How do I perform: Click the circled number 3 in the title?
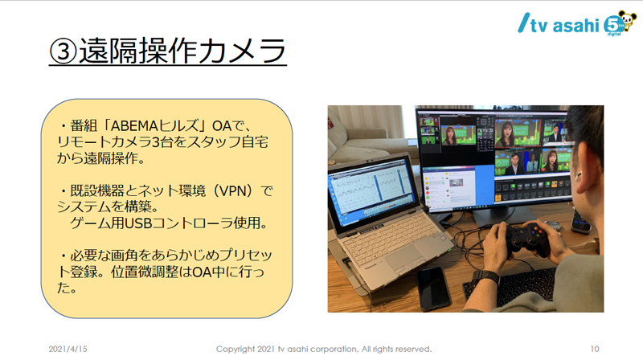(63, 51)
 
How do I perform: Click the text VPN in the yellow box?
(233, 190)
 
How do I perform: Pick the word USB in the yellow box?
(137, 223)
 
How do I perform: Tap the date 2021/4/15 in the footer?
(68, 349)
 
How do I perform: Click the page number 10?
(595, 349)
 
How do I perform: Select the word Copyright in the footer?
(235, 350)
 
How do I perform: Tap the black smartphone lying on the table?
(433, 288)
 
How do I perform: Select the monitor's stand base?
(506, 216)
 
